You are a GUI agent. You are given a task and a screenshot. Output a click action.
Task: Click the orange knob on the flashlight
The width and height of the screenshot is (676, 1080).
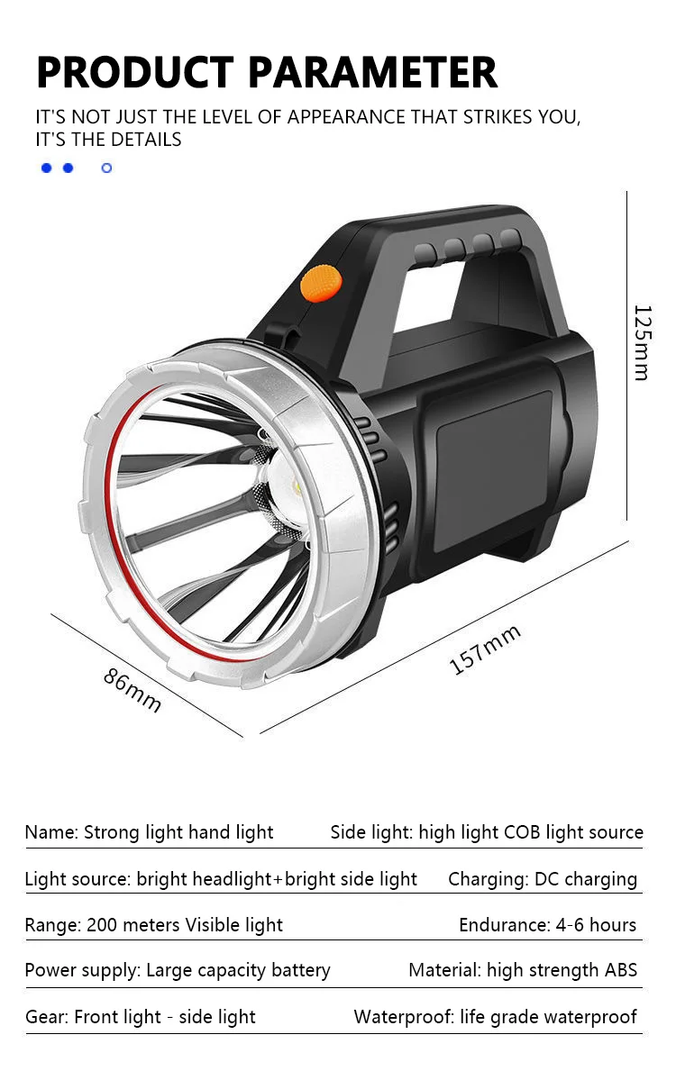pyautogui.click(x=322, y=283)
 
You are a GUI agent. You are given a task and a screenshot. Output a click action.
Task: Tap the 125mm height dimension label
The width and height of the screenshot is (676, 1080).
pyautogui.click(x=641, y=342)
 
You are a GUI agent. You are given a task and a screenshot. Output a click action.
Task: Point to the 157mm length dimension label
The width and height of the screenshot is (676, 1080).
pyautogui.click(x=485, y=649)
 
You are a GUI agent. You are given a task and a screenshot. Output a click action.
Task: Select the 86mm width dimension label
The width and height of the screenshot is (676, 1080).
pyautogui.click(x=132, y=690)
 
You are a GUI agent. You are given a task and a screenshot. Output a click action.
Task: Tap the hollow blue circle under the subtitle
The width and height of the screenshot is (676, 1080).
pyautogui.click(x=106, y=168)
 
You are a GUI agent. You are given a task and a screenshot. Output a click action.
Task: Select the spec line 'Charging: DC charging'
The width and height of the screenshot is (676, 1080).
pyautogui.click(x=543, y=879)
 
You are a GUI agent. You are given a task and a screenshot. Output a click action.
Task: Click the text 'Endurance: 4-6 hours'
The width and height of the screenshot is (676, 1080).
pyautogui.click(x=547, y=925)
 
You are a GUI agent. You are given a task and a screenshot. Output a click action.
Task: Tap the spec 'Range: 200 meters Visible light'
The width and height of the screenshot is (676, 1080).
pyautogui.click(x=153, y=925)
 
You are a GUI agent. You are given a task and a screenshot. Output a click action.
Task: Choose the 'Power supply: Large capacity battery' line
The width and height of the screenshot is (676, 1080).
pyautogui.click(x=178, y=970)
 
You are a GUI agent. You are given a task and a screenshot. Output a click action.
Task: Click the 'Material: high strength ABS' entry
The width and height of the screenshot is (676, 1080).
pyautogui.click(x=523, y=970)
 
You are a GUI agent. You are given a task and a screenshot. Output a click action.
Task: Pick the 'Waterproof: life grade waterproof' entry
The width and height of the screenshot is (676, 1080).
pyautogui.click(x=495, y=1017)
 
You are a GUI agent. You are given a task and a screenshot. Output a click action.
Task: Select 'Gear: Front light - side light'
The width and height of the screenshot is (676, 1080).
pyautogui.click(x=141, y=1017)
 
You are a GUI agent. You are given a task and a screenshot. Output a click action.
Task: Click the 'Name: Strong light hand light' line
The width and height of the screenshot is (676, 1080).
pyautogui.click(x=149, y=832)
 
